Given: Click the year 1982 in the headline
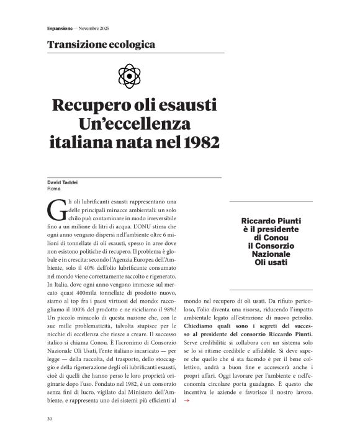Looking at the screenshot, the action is point(202,142).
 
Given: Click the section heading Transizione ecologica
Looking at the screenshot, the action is point(101,45).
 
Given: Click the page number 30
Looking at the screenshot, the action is point(50,419).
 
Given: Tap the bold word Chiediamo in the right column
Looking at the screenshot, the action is point(204,326).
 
